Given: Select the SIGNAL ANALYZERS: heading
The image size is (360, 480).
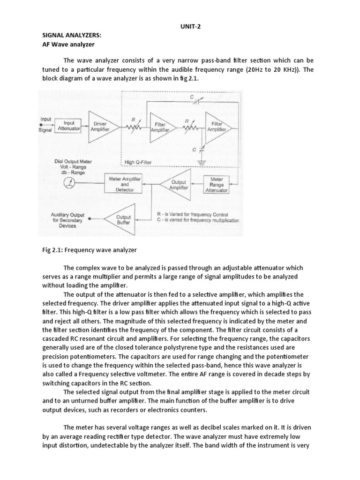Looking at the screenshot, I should coord(71,36).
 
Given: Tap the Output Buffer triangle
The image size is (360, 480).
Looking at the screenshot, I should coord(121,220).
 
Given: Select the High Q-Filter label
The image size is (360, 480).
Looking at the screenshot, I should coord(138,162).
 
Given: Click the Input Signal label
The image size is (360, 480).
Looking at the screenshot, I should coord(46,125).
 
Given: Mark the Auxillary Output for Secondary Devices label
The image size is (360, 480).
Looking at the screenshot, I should coord(67,220).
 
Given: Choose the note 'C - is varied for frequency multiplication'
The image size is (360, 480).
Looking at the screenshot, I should coord(198,220).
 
